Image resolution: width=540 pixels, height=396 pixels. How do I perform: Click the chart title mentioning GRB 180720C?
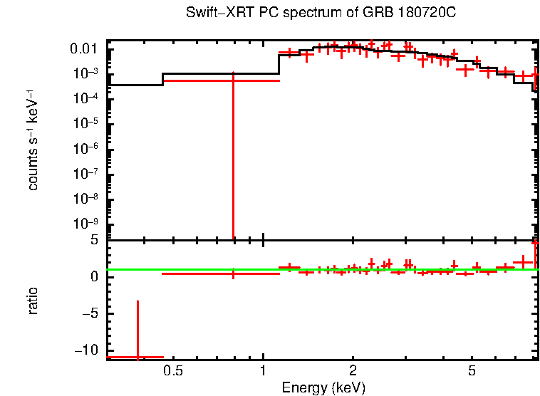point(320,14)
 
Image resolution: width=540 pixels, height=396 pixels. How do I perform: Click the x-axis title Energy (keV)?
point(323,387)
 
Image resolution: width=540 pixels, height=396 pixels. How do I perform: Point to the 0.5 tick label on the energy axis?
point(173,372)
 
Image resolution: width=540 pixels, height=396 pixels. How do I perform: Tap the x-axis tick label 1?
point(264,372)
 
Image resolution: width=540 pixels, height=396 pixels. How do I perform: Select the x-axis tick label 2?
point(353,372)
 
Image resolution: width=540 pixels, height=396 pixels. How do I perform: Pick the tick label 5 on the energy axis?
point(472,372)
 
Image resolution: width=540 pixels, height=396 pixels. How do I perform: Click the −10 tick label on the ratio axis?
point(88,350)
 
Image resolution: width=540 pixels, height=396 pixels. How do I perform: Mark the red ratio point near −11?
point(137,356)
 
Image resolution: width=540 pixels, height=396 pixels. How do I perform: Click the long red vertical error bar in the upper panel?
point(233,157)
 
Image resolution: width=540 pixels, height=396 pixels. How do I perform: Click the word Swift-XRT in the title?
point(213,14)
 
